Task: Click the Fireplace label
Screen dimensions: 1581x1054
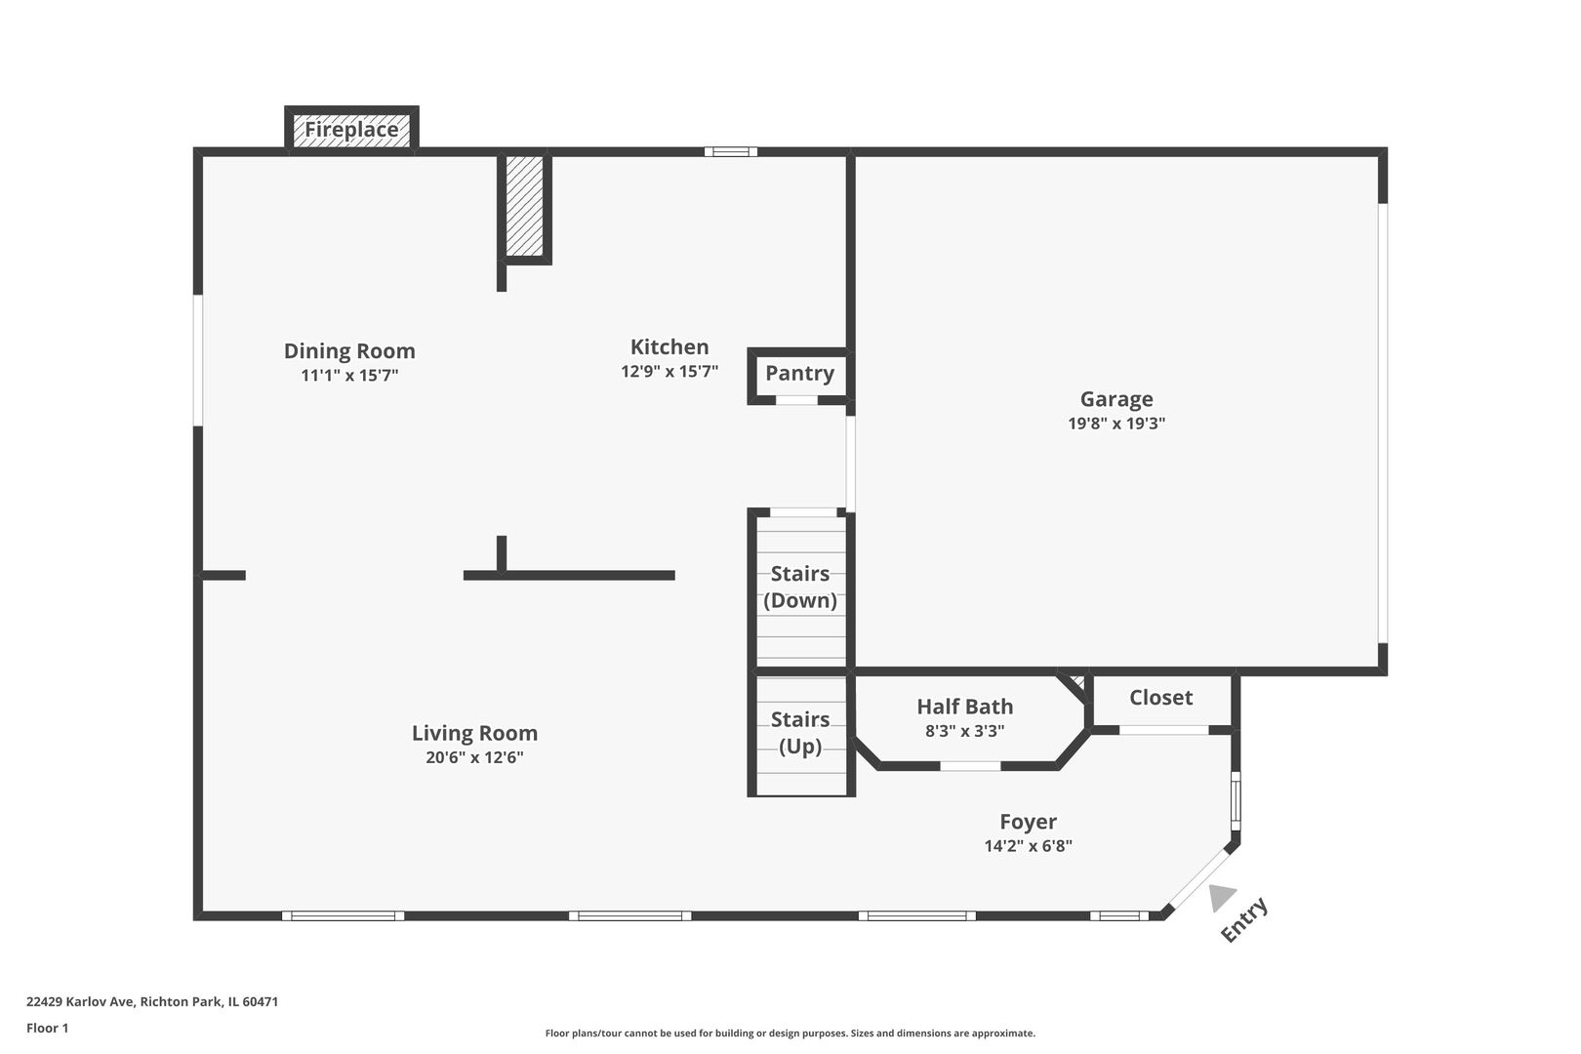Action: (x=351, y=130)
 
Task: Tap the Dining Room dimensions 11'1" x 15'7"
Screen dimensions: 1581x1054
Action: (x=349, y=375)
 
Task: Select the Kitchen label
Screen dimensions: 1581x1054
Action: (x=669, y=346)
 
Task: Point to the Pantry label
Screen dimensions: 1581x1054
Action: (x=799, y=373)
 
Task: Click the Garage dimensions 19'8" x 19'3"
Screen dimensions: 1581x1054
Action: (x=1115, y=423)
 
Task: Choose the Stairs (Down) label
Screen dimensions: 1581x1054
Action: (x=799, y=587)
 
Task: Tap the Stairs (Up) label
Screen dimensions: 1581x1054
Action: (x=799, y=733)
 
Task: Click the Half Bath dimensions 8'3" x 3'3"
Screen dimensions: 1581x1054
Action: (x=965, y=731)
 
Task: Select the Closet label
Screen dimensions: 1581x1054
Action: (x=1161, y=698)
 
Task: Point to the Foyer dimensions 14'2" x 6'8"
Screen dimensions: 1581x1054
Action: (x=1029, y=846)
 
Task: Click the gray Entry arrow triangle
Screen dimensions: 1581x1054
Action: (x=1220, y=897)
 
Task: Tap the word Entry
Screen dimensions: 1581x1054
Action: (x=1244, y=919)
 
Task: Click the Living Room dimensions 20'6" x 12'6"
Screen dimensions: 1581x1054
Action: (x=474, y=757)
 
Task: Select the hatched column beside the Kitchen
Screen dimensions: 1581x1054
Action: (x=524, y=206)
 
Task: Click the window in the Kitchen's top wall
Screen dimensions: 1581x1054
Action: (x=731, y=152)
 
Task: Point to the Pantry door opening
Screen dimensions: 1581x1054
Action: (x=797, y=400)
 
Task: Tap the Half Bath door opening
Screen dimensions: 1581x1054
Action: (x=970, y=766)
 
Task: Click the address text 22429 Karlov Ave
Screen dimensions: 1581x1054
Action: (x=80, y=1001)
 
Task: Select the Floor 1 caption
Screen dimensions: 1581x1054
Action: (x=47, y=1028)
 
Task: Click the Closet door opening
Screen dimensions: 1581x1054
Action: (x=1164, y=730)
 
